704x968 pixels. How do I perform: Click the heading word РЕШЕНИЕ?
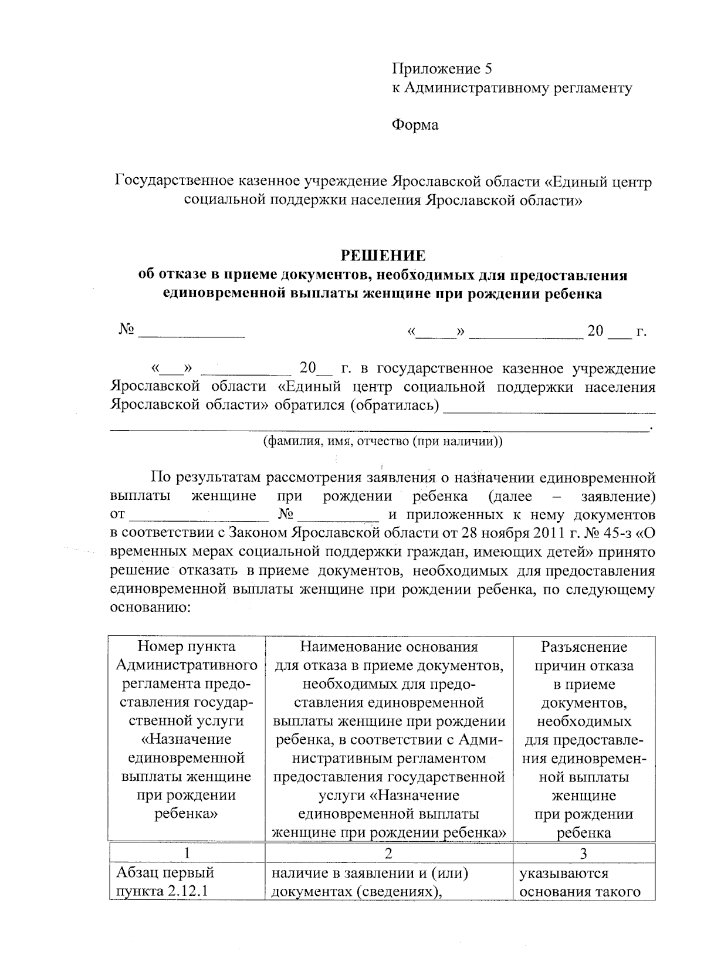coord(383,256)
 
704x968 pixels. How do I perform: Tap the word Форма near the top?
coord(415,125)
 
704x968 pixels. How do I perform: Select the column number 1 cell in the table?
coord(187,853)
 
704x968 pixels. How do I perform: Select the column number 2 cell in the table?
coord(389,853)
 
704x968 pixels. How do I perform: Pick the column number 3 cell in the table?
coord(583,853)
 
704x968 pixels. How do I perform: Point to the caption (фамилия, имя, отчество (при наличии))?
coord(383,441)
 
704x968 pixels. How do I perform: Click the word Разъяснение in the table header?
coord(584,647)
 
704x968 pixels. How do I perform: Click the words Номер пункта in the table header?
coord(187,647)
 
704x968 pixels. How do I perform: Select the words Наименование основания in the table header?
coord(388,647)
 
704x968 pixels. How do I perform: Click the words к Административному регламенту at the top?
coord(512,88)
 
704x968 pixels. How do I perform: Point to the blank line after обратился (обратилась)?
coord(549,407)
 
